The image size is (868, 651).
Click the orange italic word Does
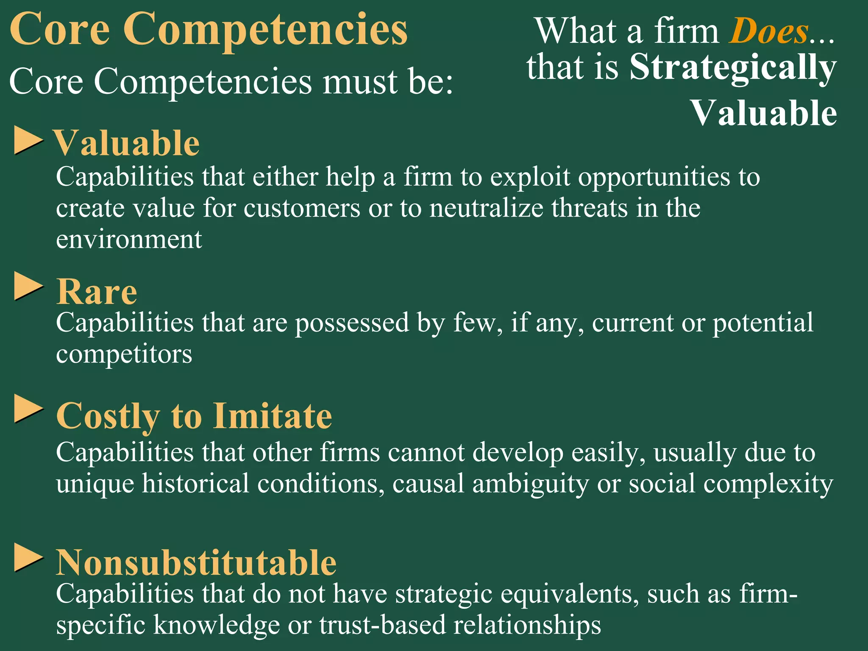click(768, 31)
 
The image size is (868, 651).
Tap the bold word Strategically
click(733, 68)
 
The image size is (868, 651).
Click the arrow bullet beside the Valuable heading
click(28, 140)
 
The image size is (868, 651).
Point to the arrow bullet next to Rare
click(28, 287)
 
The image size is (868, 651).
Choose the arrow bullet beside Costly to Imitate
click(28, 409)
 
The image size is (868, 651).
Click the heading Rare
click(97, 292)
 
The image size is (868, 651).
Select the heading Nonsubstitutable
click(196, 563)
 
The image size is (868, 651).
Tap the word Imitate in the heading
click(273, 416)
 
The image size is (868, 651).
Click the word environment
click(129, 239)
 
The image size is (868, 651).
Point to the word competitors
click(124, 354)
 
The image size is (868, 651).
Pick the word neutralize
click(486, 208)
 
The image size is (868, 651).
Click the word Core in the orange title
click(60, 30)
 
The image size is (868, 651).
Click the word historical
click(195, 484)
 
